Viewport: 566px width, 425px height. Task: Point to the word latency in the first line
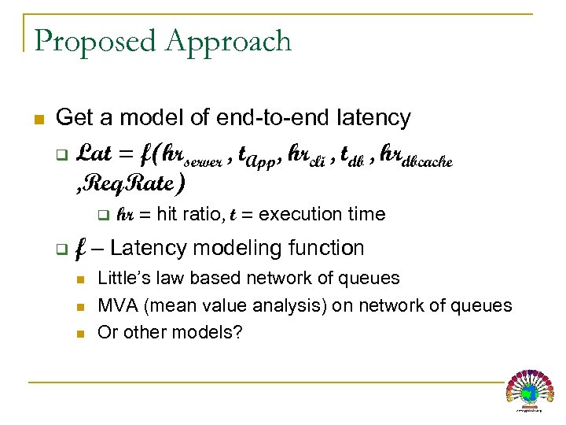[369, 118]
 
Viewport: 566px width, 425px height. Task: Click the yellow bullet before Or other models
[80, 333]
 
